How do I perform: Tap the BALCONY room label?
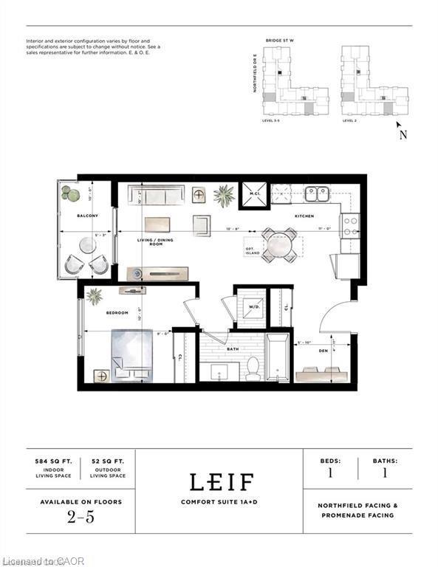point(88,216)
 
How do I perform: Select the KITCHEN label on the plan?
point(304,216)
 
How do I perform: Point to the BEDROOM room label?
point(117,313)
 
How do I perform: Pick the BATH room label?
point(233,350)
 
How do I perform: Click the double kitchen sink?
point(317,194)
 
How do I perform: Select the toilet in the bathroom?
point(253,367)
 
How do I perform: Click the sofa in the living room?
point(155,195)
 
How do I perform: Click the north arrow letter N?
point(403,135)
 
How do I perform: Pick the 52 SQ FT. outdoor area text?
point(107,460)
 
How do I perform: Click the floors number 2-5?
point(81,517)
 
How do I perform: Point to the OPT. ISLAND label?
point(253,250)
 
